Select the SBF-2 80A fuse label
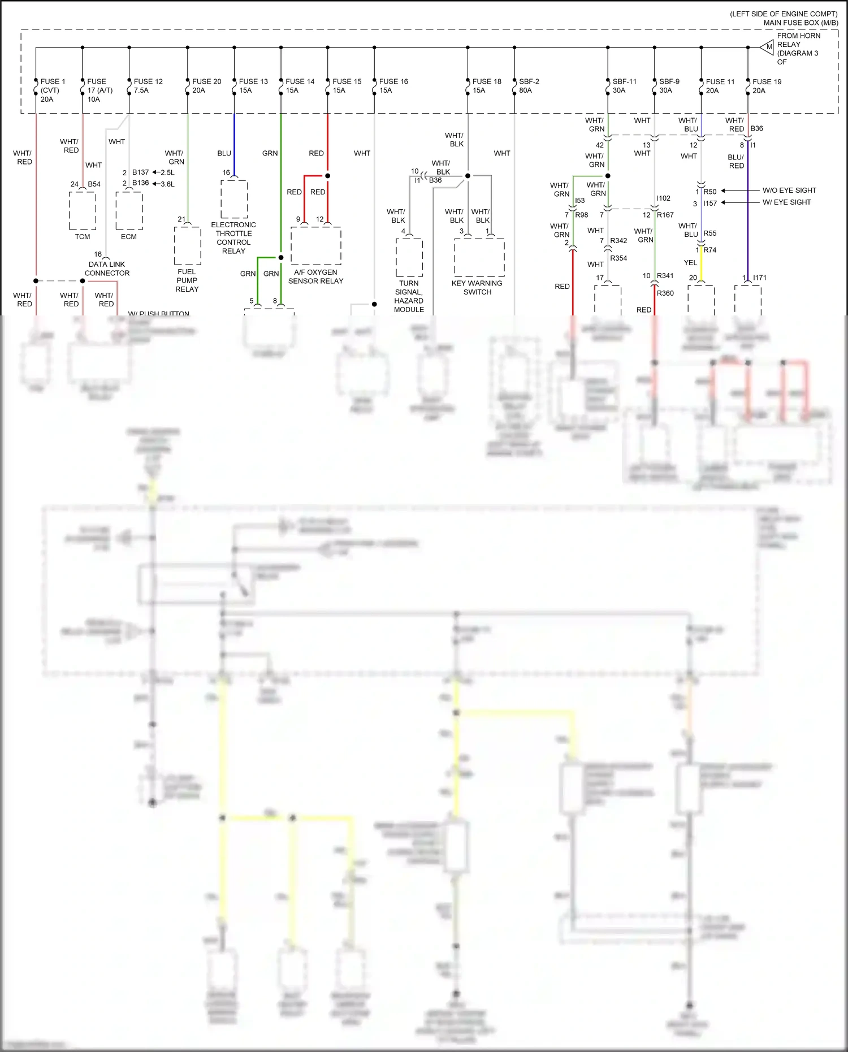529,86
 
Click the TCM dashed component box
83,211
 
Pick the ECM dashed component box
129,211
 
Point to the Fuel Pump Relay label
187,280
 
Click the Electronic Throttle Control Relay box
234,199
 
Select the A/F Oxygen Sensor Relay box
316,245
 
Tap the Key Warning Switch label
477,288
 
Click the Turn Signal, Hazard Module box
409,257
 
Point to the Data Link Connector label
107,269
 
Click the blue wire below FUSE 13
234,141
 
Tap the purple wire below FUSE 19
748,226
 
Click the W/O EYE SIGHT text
789,191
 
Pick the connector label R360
665,293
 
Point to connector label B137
140,172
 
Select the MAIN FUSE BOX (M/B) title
800,23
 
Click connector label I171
759,278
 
